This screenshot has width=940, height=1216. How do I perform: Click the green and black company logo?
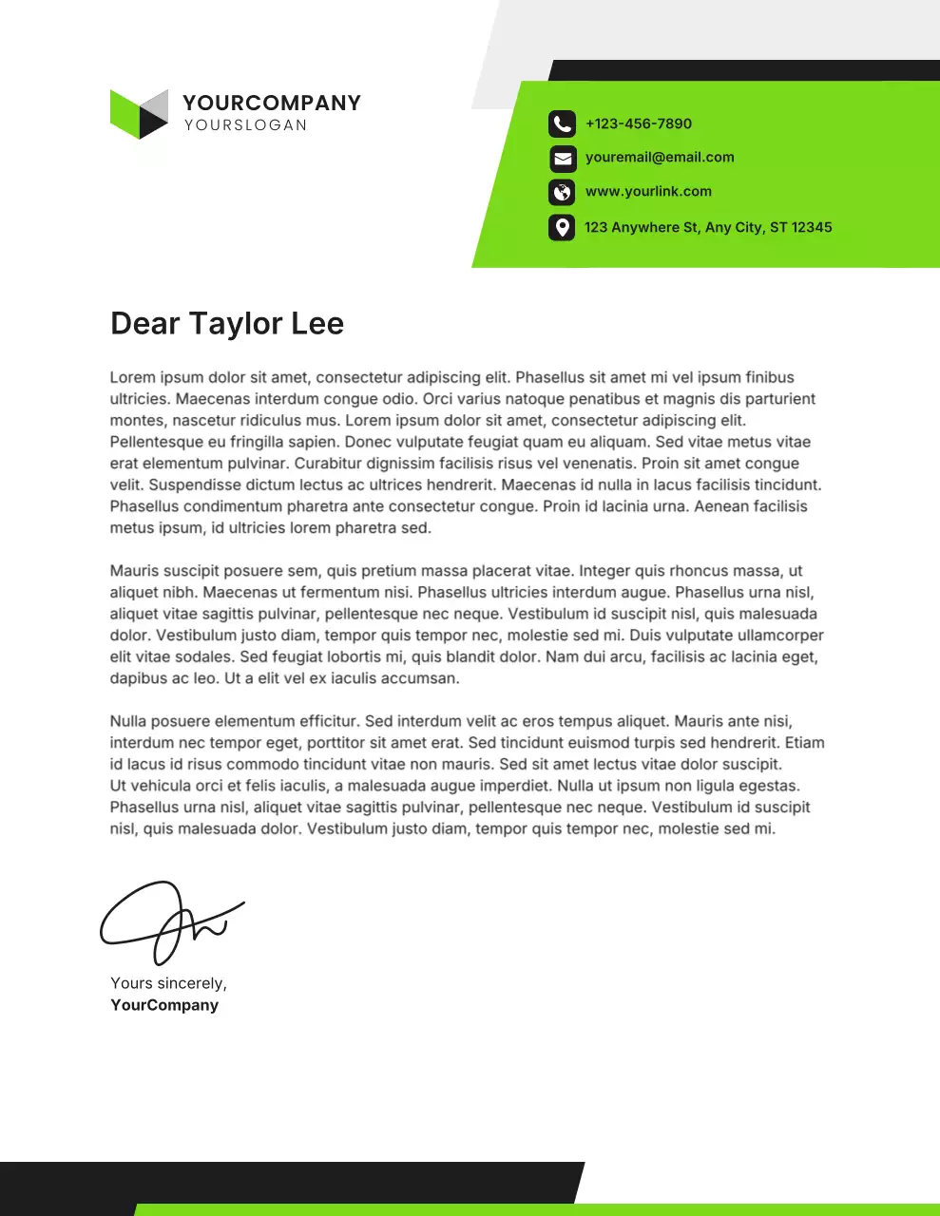[139, 114]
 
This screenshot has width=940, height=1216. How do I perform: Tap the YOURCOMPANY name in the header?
[272, 103]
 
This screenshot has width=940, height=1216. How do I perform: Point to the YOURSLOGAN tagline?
[245, 124]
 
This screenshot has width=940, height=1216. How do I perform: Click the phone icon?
[562, 123]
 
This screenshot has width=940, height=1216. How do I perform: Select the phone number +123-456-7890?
[639, 123]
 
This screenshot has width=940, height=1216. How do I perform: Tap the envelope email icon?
[562, 158]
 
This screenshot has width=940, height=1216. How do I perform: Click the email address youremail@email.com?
[660, 157]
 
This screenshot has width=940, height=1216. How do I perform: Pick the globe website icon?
[562, 192]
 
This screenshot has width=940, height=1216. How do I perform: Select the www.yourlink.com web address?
[648, 191]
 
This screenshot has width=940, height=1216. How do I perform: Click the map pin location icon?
[562, 227]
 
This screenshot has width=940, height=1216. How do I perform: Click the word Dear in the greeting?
[144, 324]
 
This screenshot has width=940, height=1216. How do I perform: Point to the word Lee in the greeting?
[317, 324]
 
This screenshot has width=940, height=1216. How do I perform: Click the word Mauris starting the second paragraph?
[135, 571]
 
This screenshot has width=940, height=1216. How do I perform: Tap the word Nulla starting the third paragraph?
[129, 721]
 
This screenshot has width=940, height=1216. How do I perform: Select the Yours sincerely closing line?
[168, 983]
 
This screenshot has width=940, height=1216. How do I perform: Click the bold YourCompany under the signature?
[164, 1005]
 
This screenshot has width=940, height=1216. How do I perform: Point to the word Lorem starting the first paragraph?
[132, 377]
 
